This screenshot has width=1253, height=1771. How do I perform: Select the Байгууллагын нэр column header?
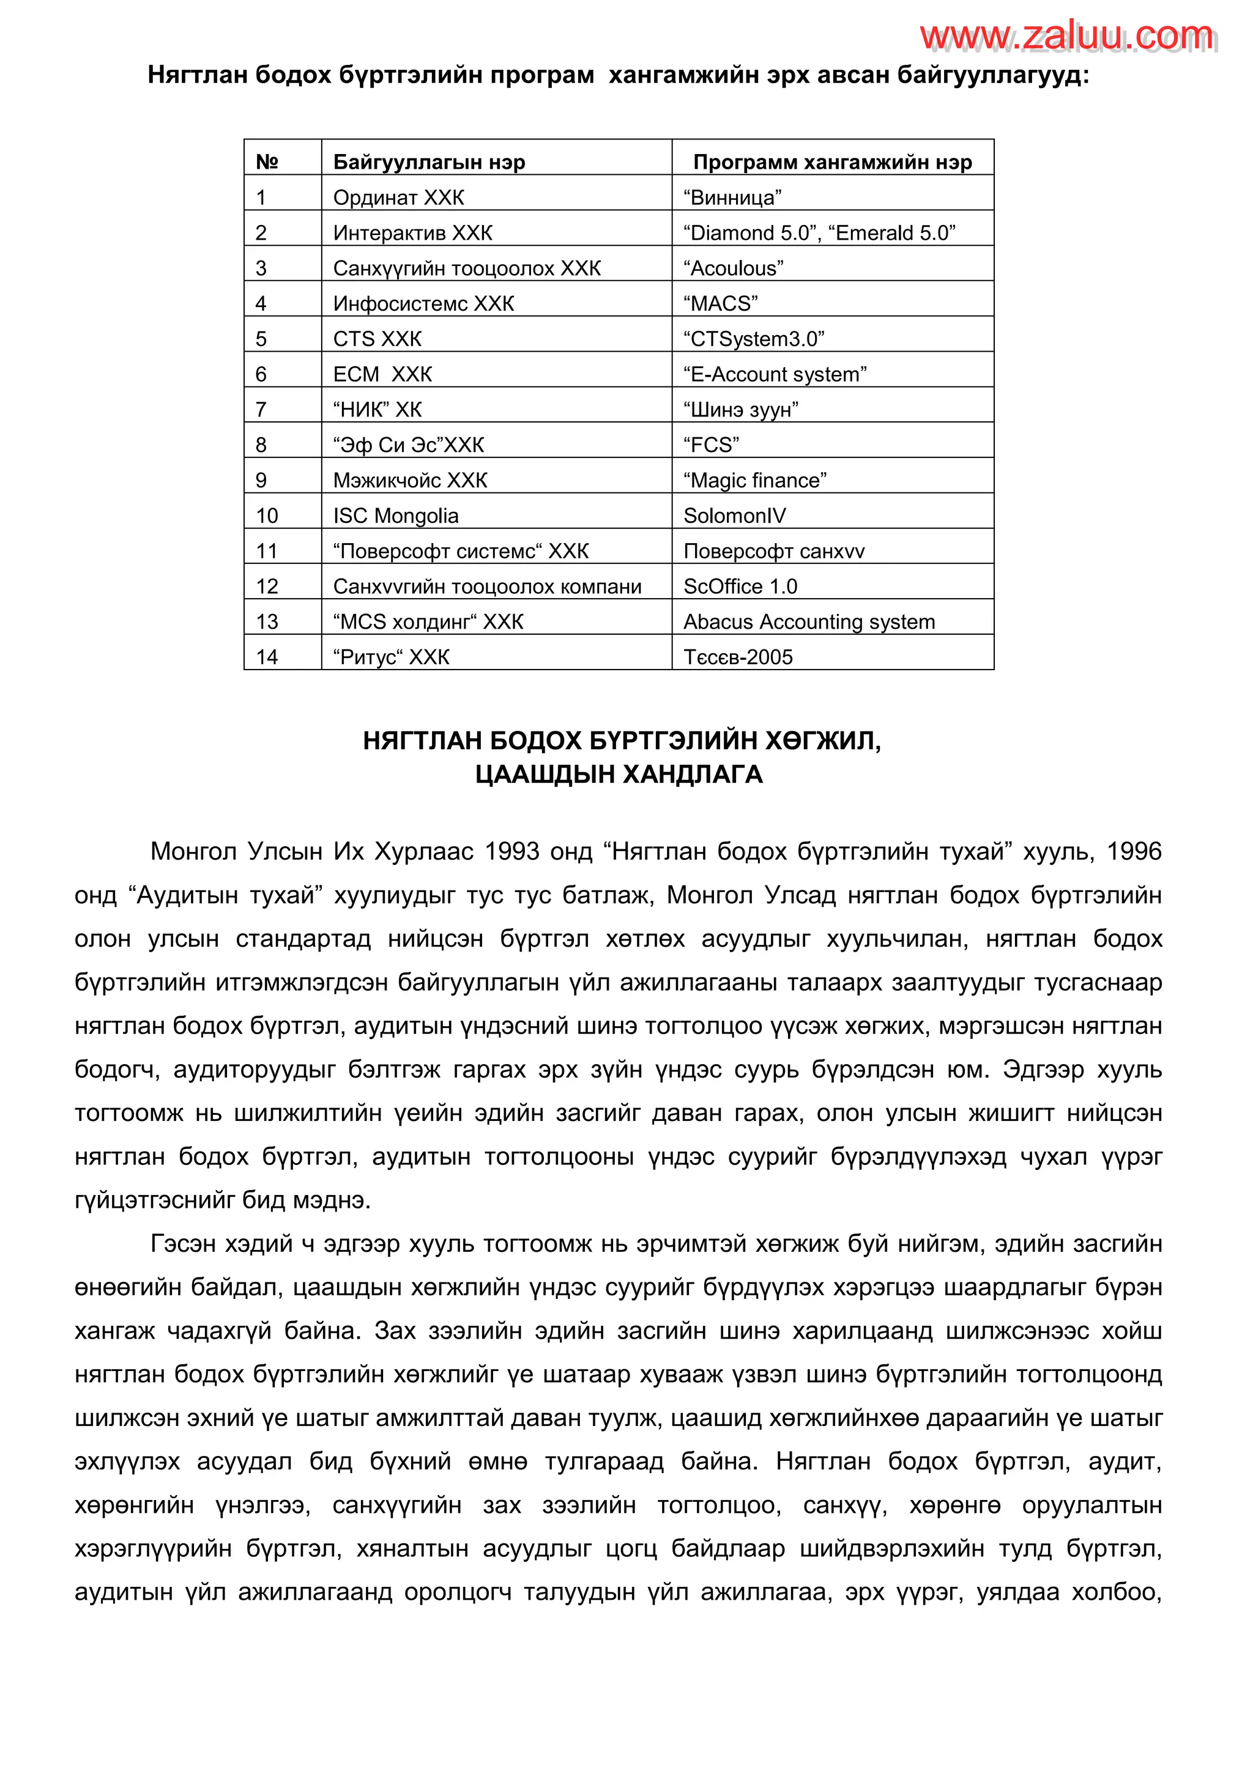[429, 162]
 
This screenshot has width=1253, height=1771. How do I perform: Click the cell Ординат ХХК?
[398, 198]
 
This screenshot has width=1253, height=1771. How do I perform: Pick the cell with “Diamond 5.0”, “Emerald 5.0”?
[819, 233]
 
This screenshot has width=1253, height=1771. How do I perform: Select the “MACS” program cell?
[721, 304]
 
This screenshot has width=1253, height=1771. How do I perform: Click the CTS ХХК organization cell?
[377, 339]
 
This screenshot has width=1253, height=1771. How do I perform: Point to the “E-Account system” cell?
[775, 375]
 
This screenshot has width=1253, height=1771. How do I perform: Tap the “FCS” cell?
[710, 445]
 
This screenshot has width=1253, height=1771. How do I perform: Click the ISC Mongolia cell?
[395, 516]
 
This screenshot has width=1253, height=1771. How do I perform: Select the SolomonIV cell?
[735, 516]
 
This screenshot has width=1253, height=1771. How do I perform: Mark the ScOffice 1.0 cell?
[740, 587]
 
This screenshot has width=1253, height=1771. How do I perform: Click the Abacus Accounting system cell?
[809, 622]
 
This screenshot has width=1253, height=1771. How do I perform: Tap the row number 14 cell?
[267, 657]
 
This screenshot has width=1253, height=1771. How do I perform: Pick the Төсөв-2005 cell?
[738, 657]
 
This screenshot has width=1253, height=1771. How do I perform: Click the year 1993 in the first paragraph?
[511, 852]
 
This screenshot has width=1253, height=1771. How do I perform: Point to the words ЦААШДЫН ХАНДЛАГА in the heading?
[619, 774]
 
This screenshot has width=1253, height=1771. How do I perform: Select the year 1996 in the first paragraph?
[1134, 852]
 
